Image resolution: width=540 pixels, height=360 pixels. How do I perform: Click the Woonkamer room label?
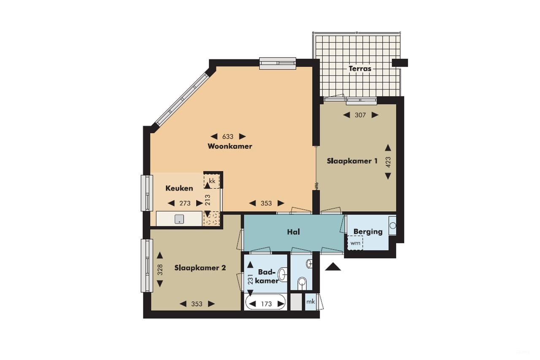(230, 146)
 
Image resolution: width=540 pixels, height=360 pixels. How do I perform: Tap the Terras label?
(359, 68)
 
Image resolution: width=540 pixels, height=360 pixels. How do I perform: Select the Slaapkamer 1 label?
(352, 161)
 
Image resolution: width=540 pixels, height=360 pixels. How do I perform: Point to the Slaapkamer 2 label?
(200, 268)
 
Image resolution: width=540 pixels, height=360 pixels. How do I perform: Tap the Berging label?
(368, 231)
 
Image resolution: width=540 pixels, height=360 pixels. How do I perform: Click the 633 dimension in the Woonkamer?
(228, 136)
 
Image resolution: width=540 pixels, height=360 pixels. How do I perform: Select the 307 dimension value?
(360, 115)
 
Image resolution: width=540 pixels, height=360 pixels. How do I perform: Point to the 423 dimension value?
(388, 162)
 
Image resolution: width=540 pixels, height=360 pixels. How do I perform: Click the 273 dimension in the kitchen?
(185, 203)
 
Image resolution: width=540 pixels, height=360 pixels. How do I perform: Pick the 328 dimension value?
(160, 270)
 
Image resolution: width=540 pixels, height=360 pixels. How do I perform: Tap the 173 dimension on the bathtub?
(266, 304)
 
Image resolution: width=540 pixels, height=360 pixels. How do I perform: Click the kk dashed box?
(212, 181)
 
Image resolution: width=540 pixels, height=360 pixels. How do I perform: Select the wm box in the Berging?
(355, 243)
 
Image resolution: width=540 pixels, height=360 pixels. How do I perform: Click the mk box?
(311, 302)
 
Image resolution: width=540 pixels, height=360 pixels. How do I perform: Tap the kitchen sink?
(179, 219)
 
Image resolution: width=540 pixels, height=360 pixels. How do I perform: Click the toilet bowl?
(302, 282)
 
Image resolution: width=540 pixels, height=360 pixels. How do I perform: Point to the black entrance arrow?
(333, 267)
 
